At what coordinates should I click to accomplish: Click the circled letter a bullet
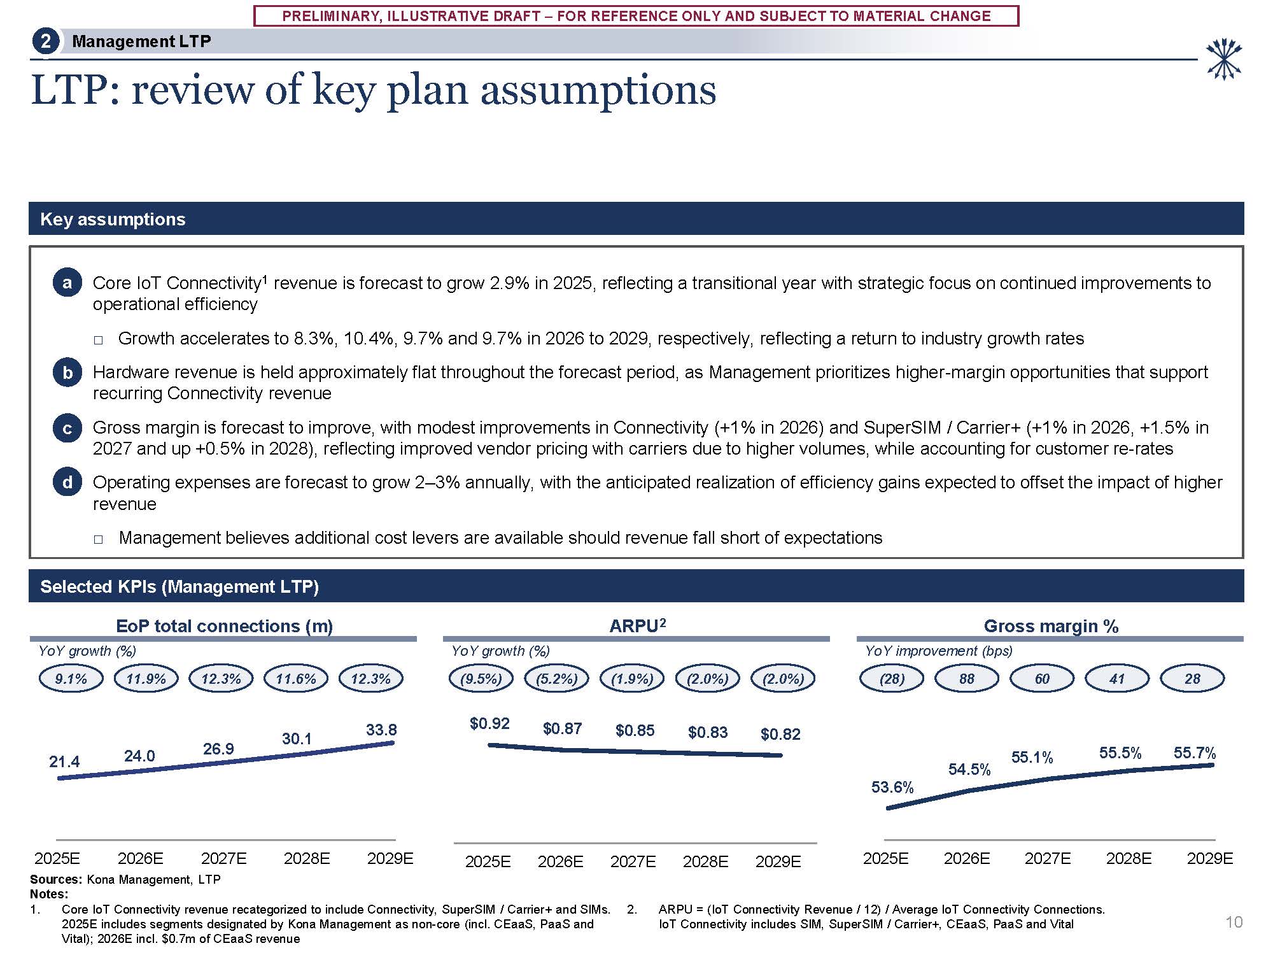[x=67, y=283]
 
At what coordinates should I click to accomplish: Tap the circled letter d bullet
[x=67, y=483]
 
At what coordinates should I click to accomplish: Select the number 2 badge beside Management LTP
[x=45, y=41]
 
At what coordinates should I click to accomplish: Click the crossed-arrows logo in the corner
[x=1223, y=59]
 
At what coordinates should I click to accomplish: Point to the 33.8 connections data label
[x=381, y=730]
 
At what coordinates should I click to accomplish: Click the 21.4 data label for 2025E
[x=64, y=761]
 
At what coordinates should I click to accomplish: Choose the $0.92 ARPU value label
[x=489, y=723]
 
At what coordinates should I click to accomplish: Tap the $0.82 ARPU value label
[x=780, y=734]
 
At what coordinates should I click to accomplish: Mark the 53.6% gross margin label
[x=892, y=787]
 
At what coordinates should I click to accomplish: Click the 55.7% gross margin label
[x=1195, y=753]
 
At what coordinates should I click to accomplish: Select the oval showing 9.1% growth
[x=71, y=679]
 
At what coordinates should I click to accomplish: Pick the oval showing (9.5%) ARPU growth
[x=481, y=679]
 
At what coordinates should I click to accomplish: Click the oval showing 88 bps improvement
[x=967, y=679]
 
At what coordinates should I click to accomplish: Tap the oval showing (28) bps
[x=892, y=679]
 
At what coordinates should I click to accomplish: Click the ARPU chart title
[x=638, y=626]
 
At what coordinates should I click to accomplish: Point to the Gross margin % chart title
[x=1051, y=626]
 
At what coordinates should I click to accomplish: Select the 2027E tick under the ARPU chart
[x=633, y=861]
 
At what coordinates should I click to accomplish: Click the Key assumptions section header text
[x=113, y=219]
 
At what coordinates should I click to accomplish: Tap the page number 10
[x=1234, y=922]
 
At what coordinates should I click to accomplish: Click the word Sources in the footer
[x=55, y=879]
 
